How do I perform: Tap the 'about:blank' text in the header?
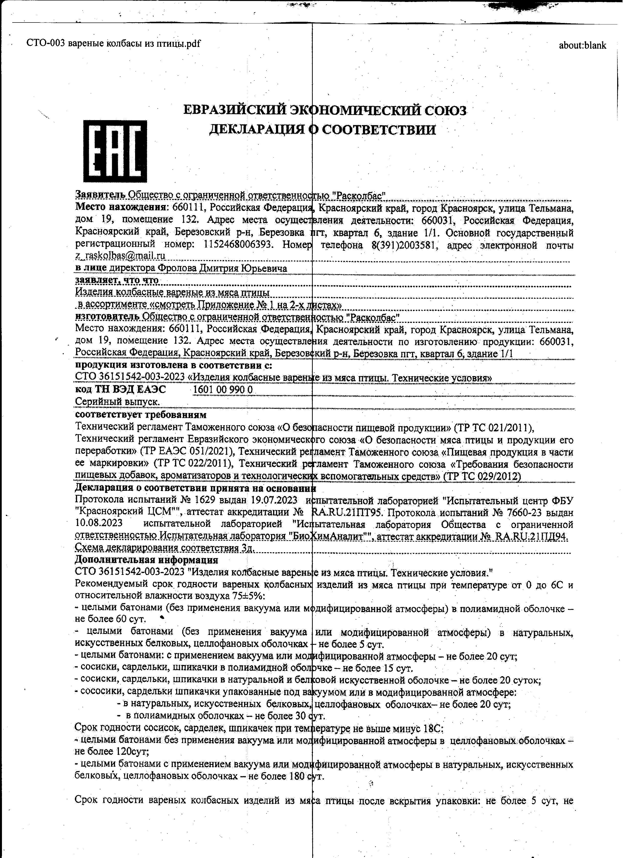pos(582,46)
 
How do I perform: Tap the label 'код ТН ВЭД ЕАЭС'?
pos(120,390)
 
